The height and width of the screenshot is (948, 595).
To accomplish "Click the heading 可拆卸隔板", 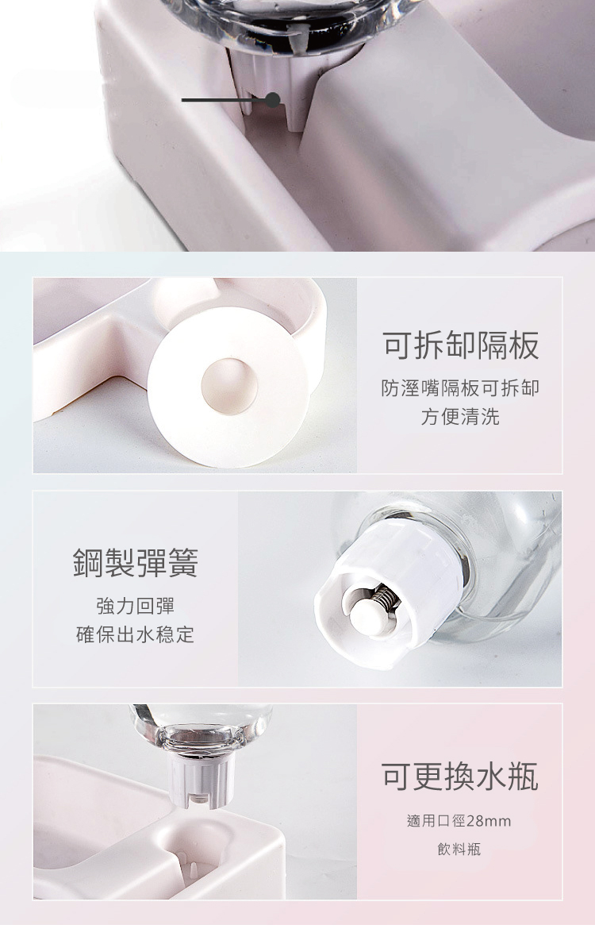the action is tap(460, 346).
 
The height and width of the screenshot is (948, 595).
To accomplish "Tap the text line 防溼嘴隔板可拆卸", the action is tap(460, 387).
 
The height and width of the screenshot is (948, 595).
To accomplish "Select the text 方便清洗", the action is tap(460, 417).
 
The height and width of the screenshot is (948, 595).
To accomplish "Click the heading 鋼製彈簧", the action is tap(136, 562).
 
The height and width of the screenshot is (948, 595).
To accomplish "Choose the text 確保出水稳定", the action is tap(136, 634).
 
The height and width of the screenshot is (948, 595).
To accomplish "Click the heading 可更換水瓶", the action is tap(459, 777).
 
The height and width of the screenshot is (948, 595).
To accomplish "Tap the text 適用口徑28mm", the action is tap(459, 821).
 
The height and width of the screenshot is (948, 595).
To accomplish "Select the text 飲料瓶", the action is tap(459, 850).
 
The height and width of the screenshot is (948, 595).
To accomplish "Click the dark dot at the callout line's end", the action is tap(273, 100).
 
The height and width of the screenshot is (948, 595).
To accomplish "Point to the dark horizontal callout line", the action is tap(224, 100).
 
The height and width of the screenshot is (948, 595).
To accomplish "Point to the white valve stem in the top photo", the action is tap(266, 91).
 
